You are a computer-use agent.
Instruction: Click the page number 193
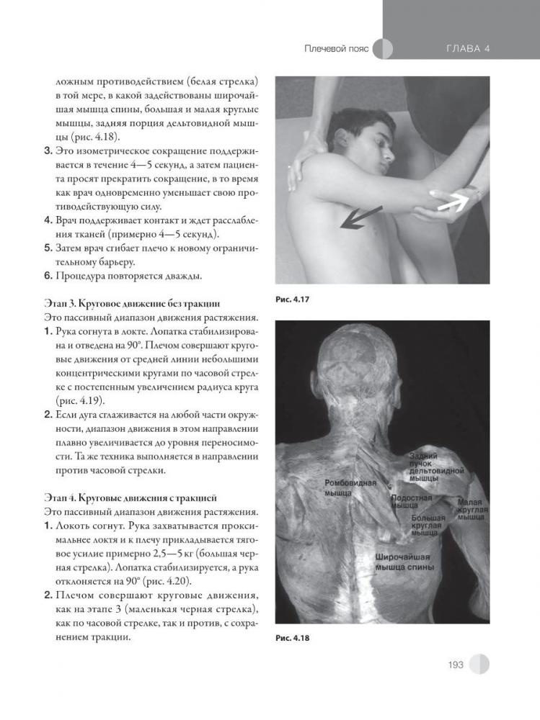(x=454, y=665)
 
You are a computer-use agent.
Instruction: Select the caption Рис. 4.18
(x=293, y=637)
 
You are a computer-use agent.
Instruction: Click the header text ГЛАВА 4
(x=468, y=48)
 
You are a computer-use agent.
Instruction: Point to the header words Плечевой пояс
(x=336, y=48)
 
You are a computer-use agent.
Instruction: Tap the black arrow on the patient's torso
(x=360, y=217)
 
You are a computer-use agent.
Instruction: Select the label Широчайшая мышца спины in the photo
(x=404, y=562)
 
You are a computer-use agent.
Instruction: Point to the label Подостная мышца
(x=411, y=502)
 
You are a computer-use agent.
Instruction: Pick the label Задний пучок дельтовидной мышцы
(x=432, y=467)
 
